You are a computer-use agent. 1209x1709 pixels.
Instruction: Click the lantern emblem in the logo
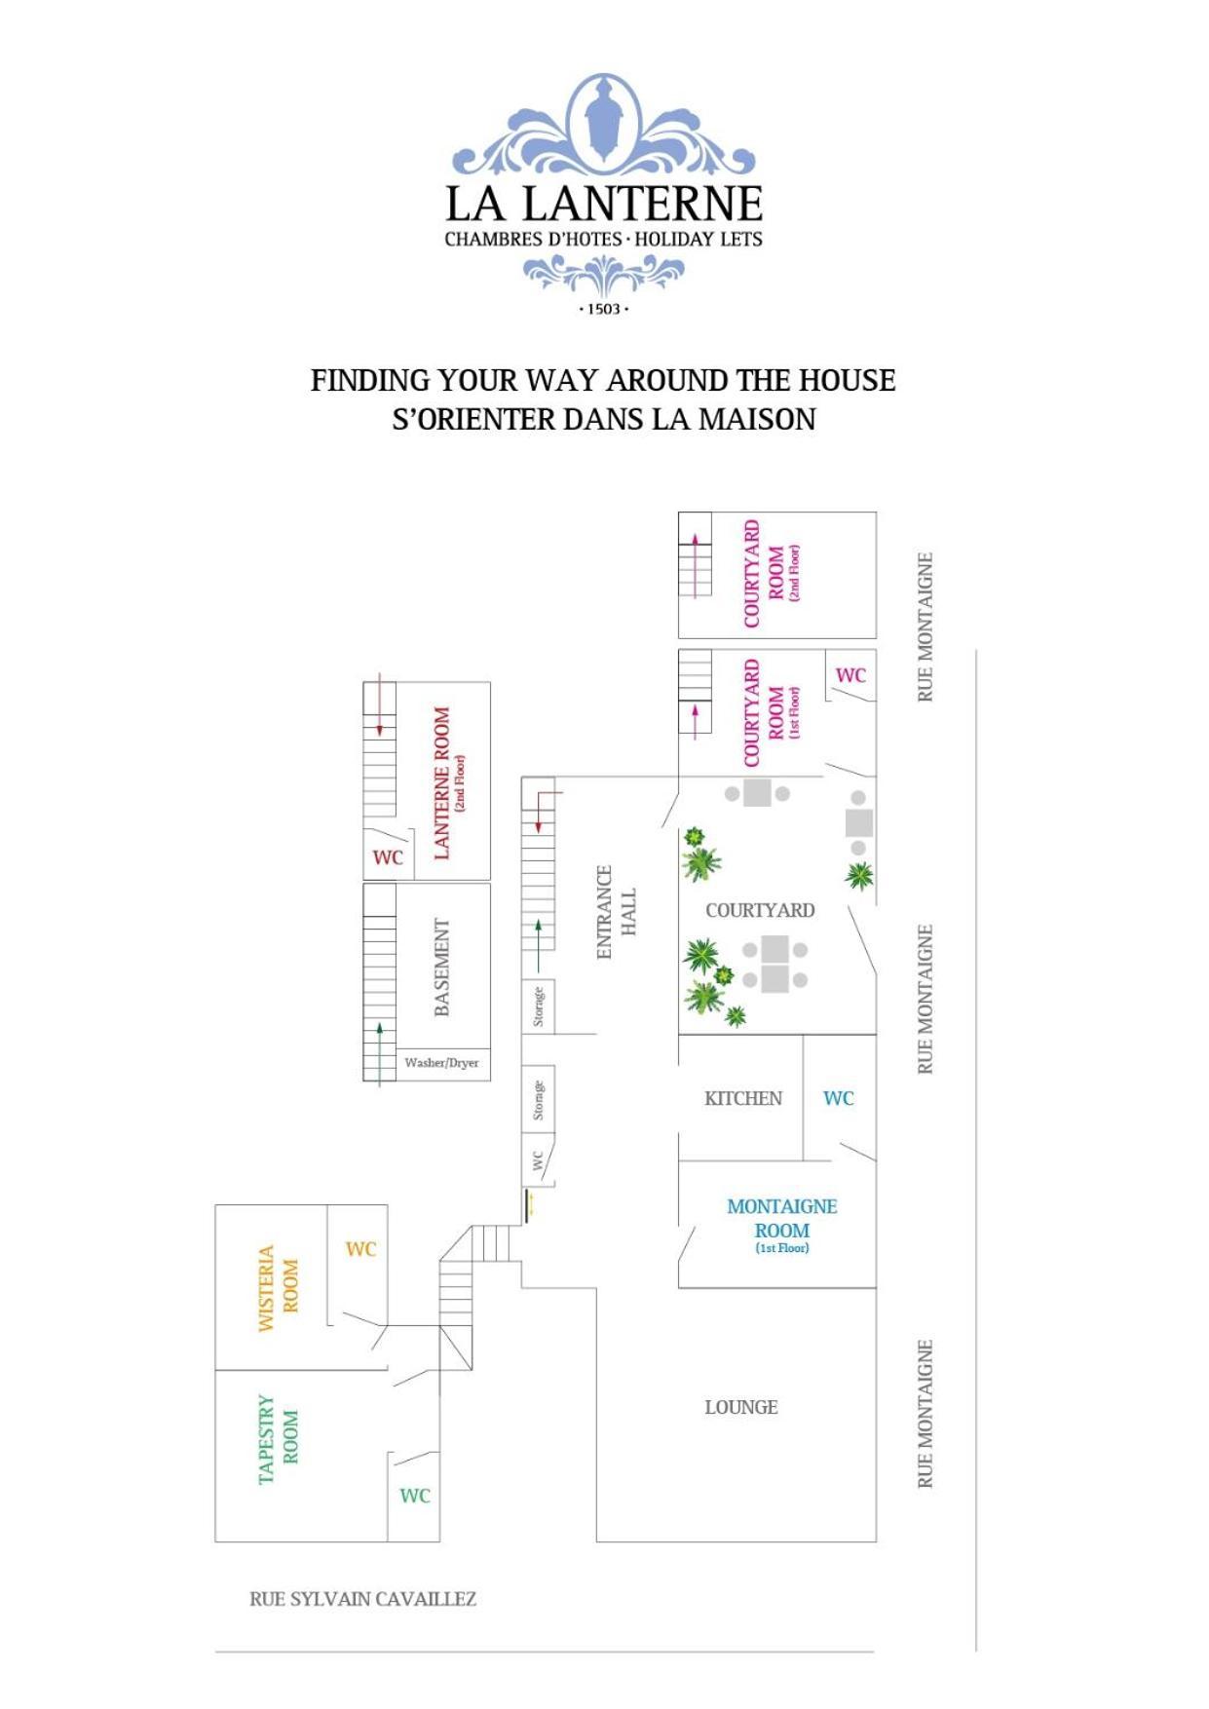[x=603, y=119]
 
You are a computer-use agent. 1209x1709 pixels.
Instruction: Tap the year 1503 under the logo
[x=604, y=309]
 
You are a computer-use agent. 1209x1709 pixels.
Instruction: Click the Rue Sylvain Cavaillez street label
[x=362, y=1599]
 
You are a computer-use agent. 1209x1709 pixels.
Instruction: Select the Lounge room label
[x=741, y=1407]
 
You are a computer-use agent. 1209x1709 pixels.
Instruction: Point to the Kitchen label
[x=743, y=1098]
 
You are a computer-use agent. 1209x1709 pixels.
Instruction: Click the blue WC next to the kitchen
[x=838, y=1098]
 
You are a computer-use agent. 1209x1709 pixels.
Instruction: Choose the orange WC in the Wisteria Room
[x=360, y=1249]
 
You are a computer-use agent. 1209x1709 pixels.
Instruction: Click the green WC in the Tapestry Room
[x=414, y=1496]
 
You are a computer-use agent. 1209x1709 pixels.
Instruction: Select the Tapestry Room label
[x=278, y=1439]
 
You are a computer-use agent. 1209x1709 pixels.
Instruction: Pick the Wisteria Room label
[x=278, y=1288]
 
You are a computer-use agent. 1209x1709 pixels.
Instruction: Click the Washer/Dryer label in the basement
[x=441, y=1062]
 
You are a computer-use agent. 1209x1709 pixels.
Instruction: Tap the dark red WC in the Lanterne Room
[x=388, y=857]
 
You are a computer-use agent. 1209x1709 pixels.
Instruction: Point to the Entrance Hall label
[x=616, y=912]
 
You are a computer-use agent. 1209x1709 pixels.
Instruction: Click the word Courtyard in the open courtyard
[x=760, y=910]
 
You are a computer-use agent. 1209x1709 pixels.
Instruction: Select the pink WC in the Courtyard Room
[x=850, y=675]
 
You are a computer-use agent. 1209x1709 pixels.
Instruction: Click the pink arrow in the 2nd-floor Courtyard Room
[x=696, y=565]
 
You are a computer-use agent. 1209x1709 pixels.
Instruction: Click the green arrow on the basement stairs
[x=380, y=1052]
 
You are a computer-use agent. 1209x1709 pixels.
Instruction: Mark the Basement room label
[x=442, y=967]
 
